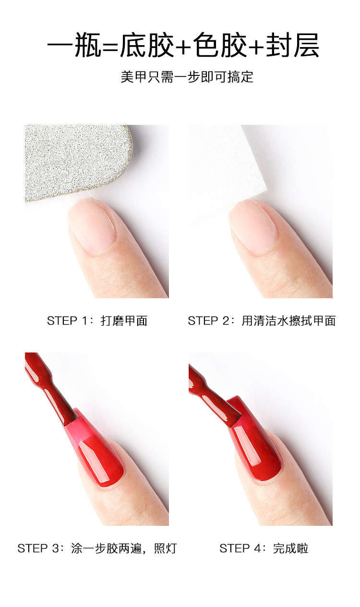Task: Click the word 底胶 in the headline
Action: pyautogui.click(x=147, y=45)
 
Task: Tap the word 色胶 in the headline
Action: pyautogui.click(x=220, y=45)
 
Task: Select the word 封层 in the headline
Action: pyautogui.click(x=292, y=45)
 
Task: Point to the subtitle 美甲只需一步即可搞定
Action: pyautogui.click(x=187, y=77)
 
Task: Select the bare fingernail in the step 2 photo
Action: pyautogui.click(x=253, y=227)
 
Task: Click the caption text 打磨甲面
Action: pyautogui.click(x=124, y=321)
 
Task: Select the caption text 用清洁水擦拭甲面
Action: pyautogui.click(x=288, y=321)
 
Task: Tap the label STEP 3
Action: pyautogui.click(x=38, y=549)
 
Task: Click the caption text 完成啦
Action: pyautogui.click(x=291, y=549)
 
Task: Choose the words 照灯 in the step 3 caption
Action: pyautogui.click(x=166, y=549)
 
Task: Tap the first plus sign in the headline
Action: pyautogui.click(x=183, y=47)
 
